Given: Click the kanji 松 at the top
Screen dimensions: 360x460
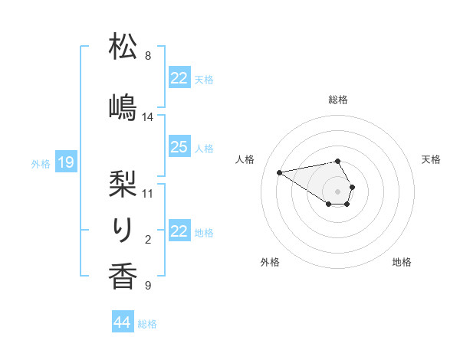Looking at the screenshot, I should [123, 47].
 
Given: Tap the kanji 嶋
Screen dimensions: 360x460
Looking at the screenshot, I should [123, 106].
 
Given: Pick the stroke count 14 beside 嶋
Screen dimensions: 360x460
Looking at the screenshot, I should [148, 117].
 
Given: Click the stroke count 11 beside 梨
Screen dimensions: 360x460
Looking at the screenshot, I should [148, 192].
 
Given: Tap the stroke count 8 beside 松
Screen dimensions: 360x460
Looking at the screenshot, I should [148, 56].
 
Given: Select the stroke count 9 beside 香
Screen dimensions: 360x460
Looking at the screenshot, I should [148, 286].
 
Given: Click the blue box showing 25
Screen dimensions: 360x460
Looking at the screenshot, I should [179, 147].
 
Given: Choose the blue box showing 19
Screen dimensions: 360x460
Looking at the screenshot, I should [65, 162].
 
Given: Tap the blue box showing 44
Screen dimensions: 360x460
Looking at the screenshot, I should [123, 322].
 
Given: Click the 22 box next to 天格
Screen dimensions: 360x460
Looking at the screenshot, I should [179, 78].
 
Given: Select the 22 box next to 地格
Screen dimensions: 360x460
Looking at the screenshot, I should [179, 231].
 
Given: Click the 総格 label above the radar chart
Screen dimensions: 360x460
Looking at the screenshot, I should [338, 100].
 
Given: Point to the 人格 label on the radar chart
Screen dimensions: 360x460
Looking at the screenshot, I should [245, 159].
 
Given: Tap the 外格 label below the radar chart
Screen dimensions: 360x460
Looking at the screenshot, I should [270, 263].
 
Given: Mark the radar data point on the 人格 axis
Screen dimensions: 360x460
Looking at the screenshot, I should [280, 172].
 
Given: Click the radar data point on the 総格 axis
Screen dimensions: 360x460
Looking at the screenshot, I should [337, 161].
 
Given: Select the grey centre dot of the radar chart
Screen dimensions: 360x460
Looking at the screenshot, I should [337, 191].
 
